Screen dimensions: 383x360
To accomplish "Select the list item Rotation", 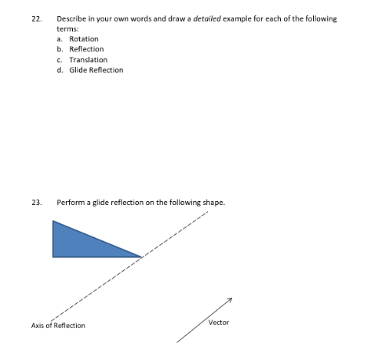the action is click(x=84, y=38).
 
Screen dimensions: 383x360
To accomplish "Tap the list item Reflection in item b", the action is click(x=86, y=49).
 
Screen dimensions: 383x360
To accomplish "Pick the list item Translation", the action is click(x=88, y=59).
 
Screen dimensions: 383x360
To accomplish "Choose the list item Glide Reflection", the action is click(x=96, y=70).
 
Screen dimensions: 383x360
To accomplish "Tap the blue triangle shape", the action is click(x=81, y=243).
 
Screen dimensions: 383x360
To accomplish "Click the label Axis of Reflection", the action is click(x=58, y=325).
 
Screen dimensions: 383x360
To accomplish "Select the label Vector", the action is click(x=219, y=322).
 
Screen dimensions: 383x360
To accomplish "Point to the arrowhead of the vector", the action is click(x=229, y=300).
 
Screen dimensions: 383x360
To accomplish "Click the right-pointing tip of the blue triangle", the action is click(x=141, y=256).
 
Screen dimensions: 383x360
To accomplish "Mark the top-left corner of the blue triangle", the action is click(x=53, y=221).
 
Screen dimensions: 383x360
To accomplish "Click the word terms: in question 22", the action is click(x=68, y=28).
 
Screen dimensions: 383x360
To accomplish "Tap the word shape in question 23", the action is click(x=213, y=203).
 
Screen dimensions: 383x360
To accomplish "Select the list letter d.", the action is click(x=60, y=70).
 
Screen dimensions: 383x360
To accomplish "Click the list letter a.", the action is click(x=60, y=38).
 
